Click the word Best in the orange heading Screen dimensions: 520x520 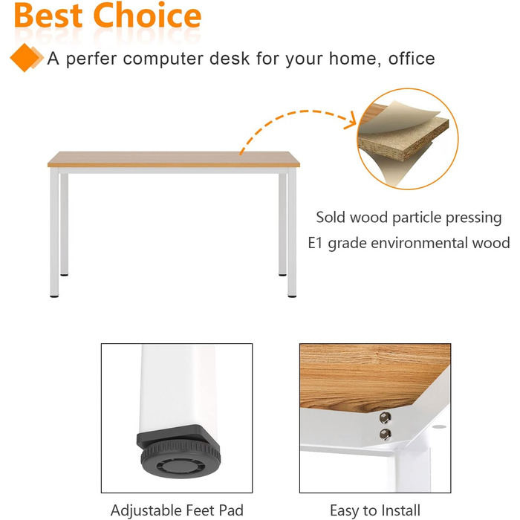click(48, 16)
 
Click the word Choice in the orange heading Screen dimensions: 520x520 click(148, 15)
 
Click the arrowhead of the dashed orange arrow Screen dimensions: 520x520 click(350, 120)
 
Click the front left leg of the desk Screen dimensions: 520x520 click(54, 232)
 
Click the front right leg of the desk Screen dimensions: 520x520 click(292, 232)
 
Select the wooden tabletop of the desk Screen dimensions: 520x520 click(174, 159)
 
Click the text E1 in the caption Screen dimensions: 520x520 click(315, 243)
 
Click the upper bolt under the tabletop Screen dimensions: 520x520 click(385, 417)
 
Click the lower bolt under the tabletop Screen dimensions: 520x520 click(386, 434)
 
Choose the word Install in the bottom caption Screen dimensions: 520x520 click(400, 510)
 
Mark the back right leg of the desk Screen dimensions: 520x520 click(282, 224)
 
